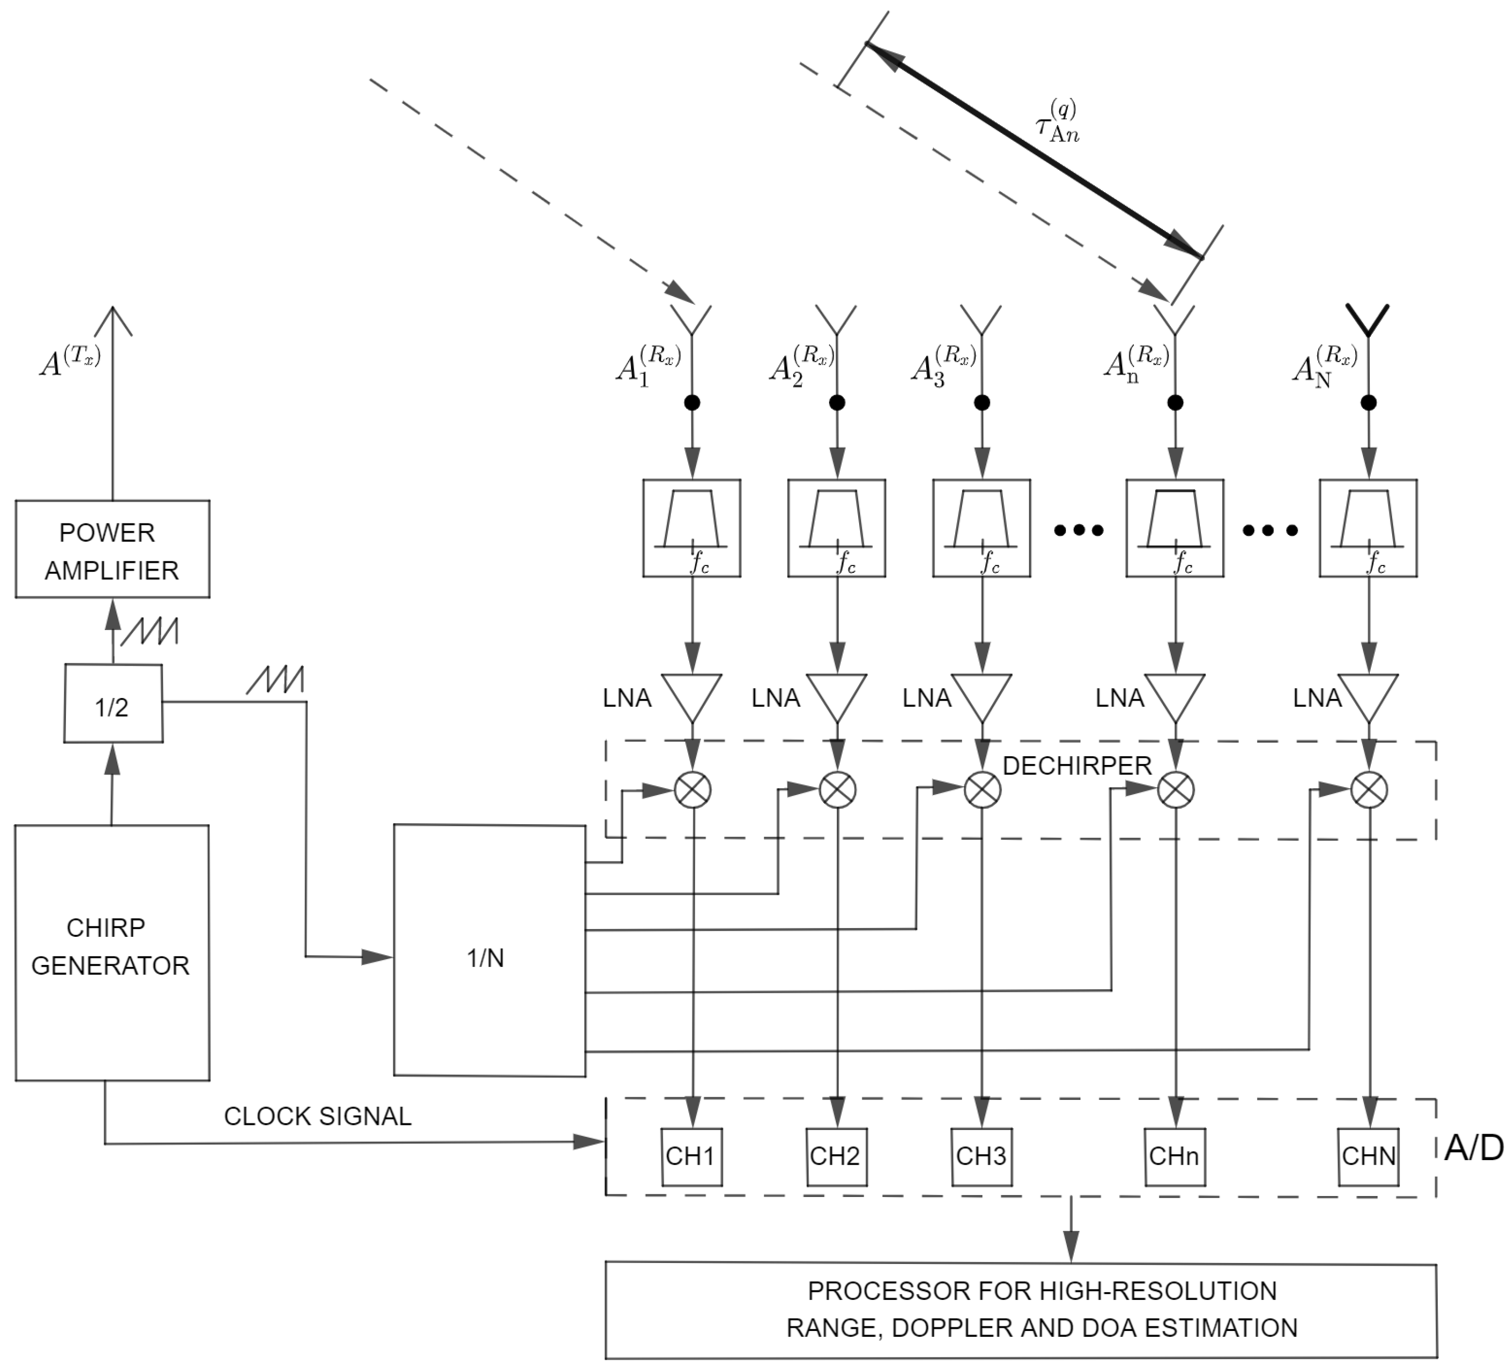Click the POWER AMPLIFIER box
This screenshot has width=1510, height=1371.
tap(112, 549)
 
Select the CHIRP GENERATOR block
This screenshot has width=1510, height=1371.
tap(112, 952)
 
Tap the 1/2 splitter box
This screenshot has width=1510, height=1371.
tap(113, 704)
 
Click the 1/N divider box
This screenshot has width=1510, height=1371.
tap(489, 950)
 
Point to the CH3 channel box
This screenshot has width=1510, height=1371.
tap(981, 1156)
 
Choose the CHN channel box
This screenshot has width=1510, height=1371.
tap(1368, 1156)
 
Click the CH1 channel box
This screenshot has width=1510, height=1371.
tap(691, 1156)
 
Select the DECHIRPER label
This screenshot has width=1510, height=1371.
tap(1076, 765)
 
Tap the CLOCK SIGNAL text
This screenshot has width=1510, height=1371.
tap(317, 1115)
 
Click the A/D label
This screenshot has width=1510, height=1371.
tap(1473, 1147)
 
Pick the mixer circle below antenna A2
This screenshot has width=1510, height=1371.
tap(837, 790)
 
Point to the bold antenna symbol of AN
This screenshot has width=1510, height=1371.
tap(1368, 320)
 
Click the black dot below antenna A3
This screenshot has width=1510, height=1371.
tap(982, 403)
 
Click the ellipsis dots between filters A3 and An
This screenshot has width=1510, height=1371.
tap(1078, 530)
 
